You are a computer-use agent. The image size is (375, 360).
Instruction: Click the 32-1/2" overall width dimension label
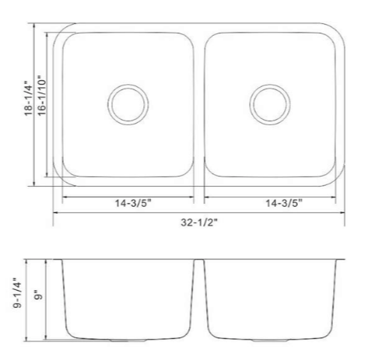click(x=198, y=221)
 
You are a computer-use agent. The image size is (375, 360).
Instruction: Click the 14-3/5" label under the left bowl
click(x=128, y=203)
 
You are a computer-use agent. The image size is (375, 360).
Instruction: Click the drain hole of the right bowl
click(x=268, y=103)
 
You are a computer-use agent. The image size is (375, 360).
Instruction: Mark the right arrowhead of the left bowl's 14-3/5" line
click(x=193, y=195)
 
